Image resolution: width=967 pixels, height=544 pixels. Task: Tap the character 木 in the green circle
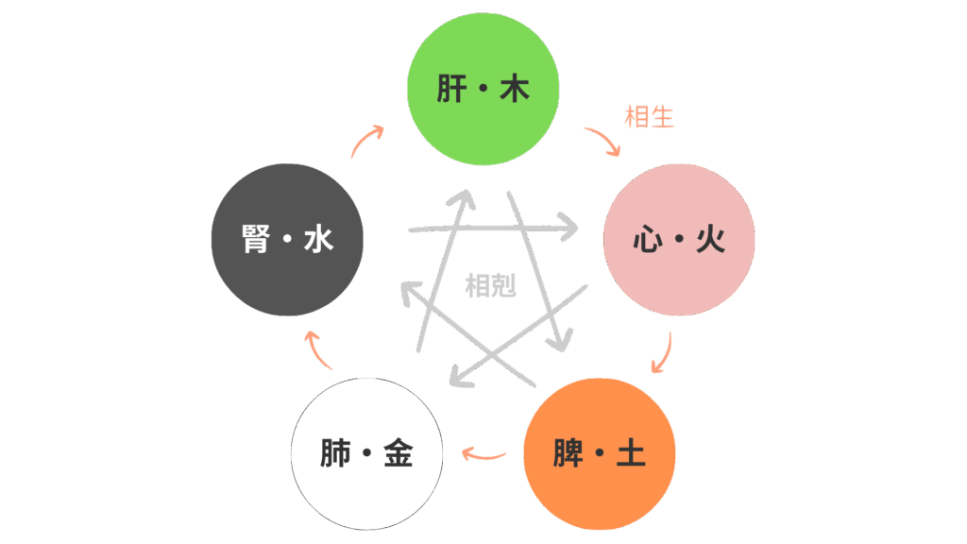click(515, 90)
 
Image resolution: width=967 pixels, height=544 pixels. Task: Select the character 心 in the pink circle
click(647, 240)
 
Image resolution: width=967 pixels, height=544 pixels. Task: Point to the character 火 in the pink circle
click(710, 240)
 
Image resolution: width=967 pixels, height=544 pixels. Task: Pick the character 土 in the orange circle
click(631, 454)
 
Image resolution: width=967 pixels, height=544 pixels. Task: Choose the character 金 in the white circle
click(399, 454)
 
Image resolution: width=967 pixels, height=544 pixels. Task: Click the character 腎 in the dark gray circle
click(256, 240)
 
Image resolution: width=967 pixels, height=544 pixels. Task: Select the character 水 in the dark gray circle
click(319, 240)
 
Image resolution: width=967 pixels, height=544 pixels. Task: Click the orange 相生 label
click(649, 117)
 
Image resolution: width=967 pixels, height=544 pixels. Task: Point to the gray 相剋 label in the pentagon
click(491, 285)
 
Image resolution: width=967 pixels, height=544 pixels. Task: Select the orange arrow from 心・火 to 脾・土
click(663, 354)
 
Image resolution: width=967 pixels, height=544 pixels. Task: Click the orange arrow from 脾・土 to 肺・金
click(483, 456)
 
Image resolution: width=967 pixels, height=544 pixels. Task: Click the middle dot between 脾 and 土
click(600, 455)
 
